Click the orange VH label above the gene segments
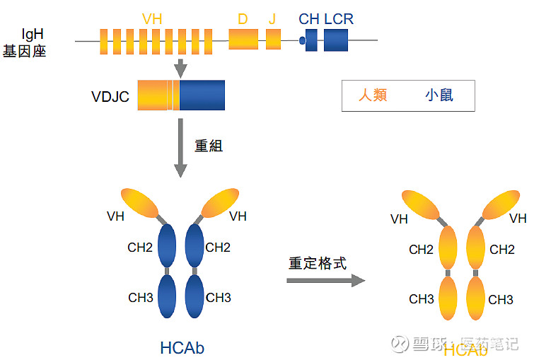(151, 19)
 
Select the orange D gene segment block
(243, 40)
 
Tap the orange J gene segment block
(273, 40)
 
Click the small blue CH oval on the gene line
(303, 41)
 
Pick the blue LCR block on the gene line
(336, 40)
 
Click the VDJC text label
(110, 97)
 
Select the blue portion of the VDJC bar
(202, 95)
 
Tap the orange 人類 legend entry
(373, 95)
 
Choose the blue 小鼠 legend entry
(439, 95)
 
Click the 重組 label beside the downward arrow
(209, 145)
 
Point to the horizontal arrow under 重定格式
(325, 281)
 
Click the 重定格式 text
(318, 263)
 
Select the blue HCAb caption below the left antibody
(182, 347)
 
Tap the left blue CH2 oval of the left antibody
(168, 246)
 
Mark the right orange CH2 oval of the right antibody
(477, 248)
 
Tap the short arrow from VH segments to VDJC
(180, 68)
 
